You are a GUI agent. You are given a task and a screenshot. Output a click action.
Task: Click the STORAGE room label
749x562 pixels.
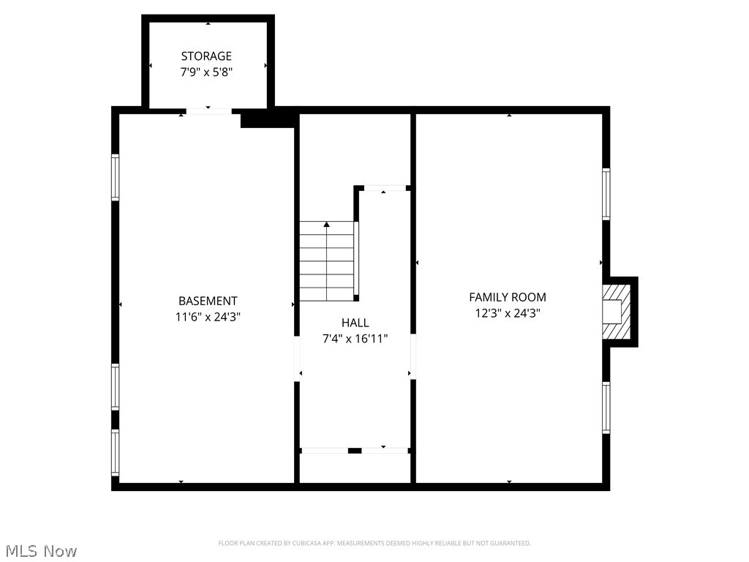coord(206,56)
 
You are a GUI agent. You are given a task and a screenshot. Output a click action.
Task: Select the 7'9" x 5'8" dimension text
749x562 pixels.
coord(206,72)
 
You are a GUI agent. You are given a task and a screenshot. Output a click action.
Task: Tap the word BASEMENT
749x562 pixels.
coord(208,301)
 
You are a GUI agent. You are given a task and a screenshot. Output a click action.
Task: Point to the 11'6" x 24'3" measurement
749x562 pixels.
coord(208,317)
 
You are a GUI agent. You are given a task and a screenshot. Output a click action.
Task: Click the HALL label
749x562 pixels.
coord(355,323)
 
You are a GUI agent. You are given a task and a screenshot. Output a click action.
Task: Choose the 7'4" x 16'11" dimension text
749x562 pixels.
coord(355,339)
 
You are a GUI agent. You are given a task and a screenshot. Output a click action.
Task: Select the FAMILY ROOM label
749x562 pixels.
coord(508,297)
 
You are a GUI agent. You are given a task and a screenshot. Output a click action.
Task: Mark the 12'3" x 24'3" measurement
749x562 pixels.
coord(508,313)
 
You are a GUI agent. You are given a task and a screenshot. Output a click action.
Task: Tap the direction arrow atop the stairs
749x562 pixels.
coord(327,224)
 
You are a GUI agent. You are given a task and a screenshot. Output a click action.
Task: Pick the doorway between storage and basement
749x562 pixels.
coord(208,111)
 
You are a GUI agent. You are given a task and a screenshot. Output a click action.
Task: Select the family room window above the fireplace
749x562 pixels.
coord(606,194)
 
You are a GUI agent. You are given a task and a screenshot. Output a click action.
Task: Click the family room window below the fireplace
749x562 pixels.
coord(606,408)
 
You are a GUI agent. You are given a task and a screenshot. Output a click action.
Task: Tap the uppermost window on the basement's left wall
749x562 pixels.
coord(115,177)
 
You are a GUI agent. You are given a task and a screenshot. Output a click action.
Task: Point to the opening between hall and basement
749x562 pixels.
coord(297,359)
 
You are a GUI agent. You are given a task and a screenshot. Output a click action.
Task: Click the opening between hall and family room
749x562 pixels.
coord(413,357)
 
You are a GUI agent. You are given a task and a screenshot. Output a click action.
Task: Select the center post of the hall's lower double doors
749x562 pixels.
coord(355,451)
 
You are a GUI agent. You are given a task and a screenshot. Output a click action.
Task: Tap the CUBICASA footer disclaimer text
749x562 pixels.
coord(374,543)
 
